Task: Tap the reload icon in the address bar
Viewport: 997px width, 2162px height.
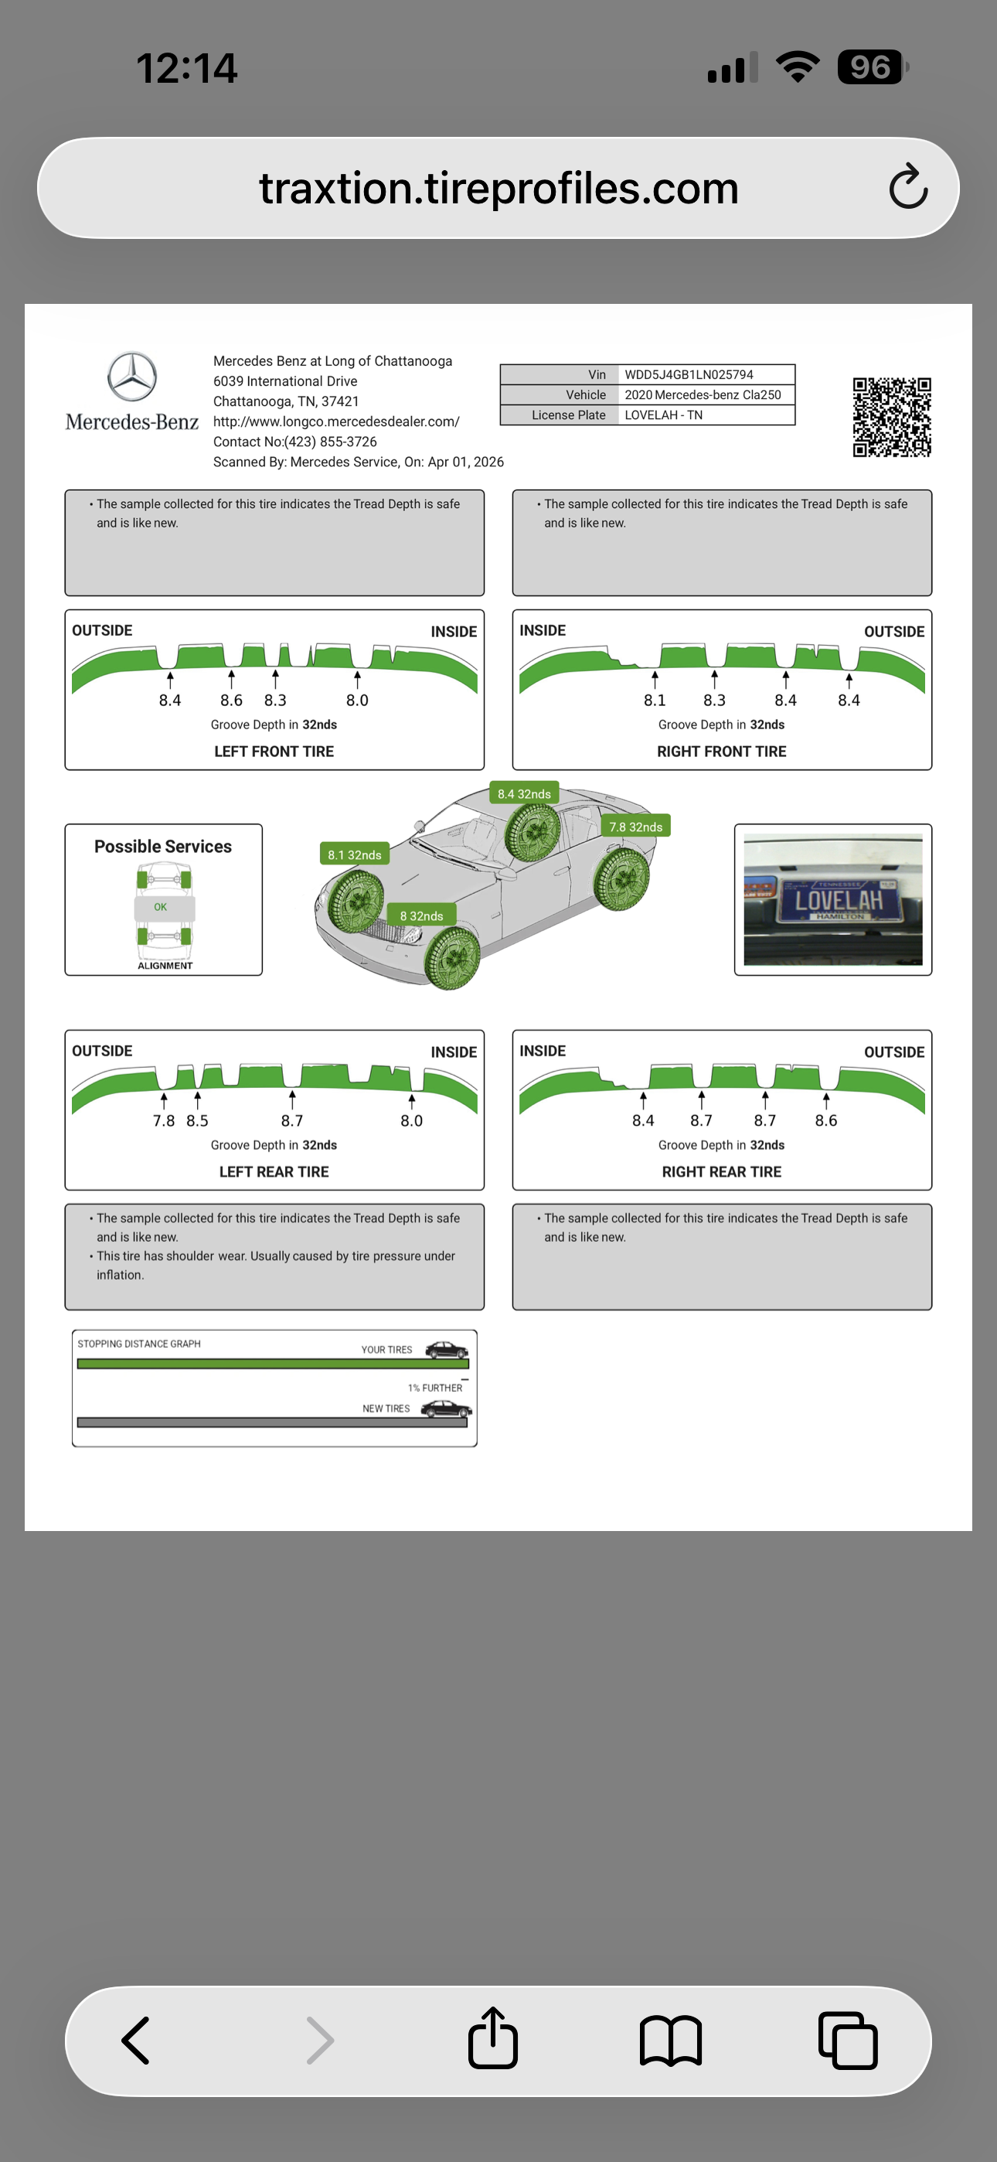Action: pyautogui.click(x=908, y=187)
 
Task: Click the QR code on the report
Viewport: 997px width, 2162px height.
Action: pyautogui.click(x=891, y=417)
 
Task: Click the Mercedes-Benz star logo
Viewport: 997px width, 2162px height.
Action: pyautogui.click(x=131, y=377)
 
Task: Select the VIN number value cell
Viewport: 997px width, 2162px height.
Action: pyautogui.click(x=705, y=374)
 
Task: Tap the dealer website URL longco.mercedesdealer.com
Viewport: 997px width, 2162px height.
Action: pyautogui.click(x=335, y=421)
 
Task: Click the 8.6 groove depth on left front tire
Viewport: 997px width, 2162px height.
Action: pyautogui.click(x=231, y=700)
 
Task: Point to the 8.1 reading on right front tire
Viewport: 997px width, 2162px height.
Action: pyautogui.click(x=655, y=700)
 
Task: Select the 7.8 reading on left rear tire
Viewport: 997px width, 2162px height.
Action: pyautogui.click(x=164, y=1120)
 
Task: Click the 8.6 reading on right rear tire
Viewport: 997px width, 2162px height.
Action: pyautogui.click(x=825, y=1120)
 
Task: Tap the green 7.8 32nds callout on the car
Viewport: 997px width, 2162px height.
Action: pyautogui.click(x=635, y=827)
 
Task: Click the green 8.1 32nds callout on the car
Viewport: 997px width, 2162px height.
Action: pyautogui.click(x=354, y=854)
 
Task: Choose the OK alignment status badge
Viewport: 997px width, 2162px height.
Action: pyautogui.click(x=161, y=907)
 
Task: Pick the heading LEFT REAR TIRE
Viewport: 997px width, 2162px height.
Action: pyautogui.click(x=274, y=1171)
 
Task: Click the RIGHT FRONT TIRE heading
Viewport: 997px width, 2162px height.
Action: pyautogui.click(x=721, y=751)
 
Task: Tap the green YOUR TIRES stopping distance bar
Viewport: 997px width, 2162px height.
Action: pyautogui.click(x=273, y=1364)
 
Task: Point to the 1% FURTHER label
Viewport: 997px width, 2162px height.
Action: pyautogui.click(x=434, y=1387)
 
